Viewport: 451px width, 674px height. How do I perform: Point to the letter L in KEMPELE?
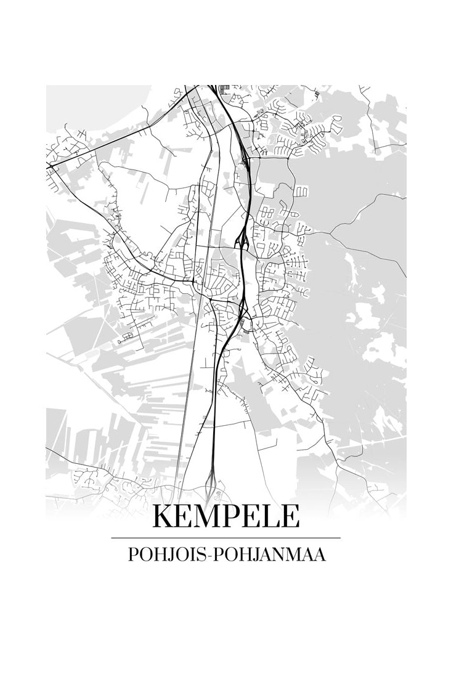[x=273, y=516]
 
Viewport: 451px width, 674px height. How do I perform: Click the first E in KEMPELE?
[x=186, y=516]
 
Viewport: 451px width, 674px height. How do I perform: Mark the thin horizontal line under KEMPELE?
[x=225, y=538]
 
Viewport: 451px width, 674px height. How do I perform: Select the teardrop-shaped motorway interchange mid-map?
[x=243, y=235]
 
